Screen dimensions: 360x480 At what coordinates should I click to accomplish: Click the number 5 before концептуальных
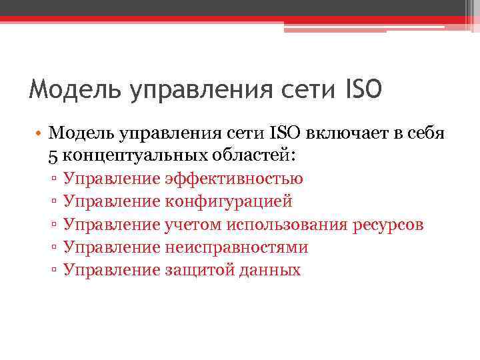[x=53, y=155]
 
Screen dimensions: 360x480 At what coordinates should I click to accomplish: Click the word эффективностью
[x=233, y=179]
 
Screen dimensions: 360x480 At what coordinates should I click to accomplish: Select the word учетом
[x=192, y=224]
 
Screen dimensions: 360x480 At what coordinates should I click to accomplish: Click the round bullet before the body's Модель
[x=39, y=134]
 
